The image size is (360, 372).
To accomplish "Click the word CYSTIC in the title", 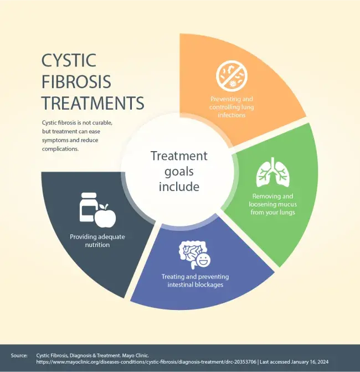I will pos(69,60).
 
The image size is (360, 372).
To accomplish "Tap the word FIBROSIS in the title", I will pos(76,81).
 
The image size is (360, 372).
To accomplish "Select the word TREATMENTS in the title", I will pos(93,103).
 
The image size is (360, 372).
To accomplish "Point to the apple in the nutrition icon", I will pos(105,216).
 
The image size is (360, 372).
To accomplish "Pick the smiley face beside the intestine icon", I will pos(204,260).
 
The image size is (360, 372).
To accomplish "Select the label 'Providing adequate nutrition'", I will pos(97,240).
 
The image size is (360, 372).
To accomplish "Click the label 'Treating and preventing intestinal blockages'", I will pos(195,280).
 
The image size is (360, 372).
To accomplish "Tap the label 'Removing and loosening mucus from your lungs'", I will pos(272,204).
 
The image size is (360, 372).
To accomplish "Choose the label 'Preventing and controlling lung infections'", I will pos(232,107).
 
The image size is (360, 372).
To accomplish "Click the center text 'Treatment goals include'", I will pos(179,171).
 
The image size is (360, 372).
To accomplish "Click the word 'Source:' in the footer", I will pos(19,354).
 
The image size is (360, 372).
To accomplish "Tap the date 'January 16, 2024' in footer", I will pos(308,361).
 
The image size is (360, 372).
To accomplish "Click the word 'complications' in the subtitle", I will pos(60,149).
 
